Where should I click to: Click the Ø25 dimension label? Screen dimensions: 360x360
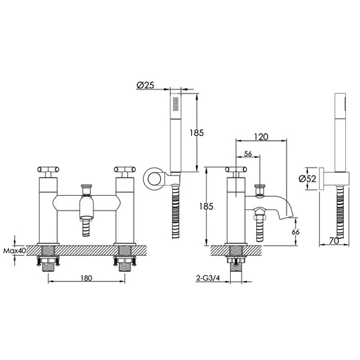[147, 85]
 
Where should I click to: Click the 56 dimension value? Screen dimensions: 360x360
[247, 153]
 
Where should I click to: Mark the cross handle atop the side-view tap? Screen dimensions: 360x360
[235, 171]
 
